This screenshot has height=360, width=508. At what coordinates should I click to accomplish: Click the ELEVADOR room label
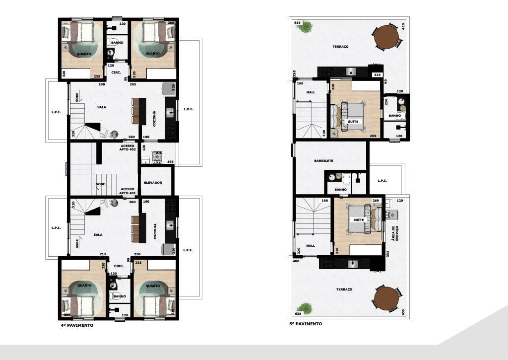[153, 183]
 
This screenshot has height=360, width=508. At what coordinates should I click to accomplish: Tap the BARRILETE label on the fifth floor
[323, 161]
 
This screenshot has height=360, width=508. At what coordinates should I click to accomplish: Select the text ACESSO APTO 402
[127, 148]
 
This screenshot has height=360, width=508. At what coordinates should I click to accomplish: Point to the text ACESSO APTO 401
[127, 191]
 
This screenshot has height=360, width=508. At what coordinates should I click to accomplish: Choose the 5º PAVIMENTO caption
[305, 324]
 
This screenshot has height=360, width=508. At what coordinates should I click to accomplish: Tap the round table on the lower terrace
[386, 299]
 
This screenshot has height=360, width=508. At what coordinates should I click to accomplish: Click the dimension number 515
[377, 74]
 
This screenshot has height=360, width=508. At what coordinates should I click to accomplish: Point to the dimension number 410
[403, 25]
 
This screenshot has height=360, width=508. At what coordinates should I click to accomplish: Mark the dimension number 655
[403, 311]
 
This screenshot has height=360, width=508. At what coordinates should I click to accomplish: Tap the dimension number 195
[170, 162]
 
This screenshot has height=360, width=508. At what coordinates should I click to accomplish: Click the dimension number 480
[296, 261]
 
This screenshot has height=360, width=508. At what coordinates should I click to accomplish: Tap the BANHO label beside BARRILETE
[340, 189]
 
